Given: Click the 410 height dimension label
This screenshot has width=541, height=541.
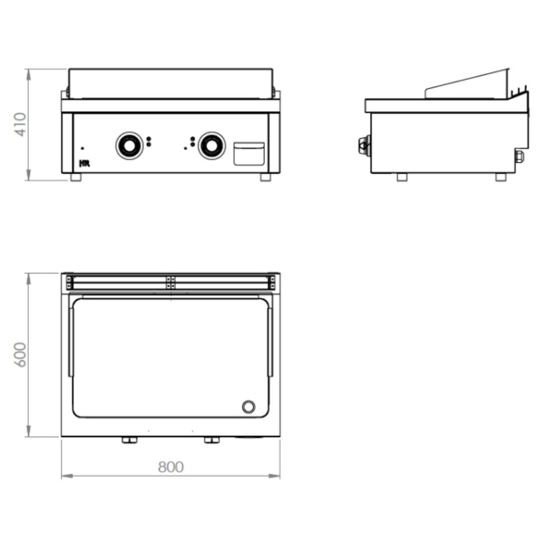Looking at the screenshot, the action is point(21,124).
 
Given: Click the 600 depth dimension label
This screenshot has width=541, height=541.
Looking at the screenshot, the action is point(20,355).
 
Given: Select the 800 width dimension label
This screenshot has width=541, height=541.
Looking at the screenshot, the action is point(171,467).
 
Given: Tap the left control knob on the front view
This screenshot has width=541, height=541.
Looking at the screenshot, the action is point(129,146).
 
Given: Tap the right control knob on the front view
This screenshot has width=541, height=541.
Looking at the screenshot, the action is point(211,146).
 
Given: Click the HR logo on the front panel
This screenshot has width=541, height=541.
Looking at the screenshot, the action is point(85,164).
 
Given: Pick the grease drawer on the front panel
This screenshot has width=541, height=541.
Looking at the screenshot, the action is point(249,154).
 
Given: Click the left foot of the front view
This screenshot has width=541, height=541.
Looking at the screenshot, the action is point(76,178).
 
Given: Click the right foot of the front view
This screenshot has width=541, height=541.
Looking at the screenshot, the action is point(265,178).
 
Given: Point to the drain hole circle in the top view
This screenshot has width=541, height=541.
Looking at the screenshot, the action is point(248,407).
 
